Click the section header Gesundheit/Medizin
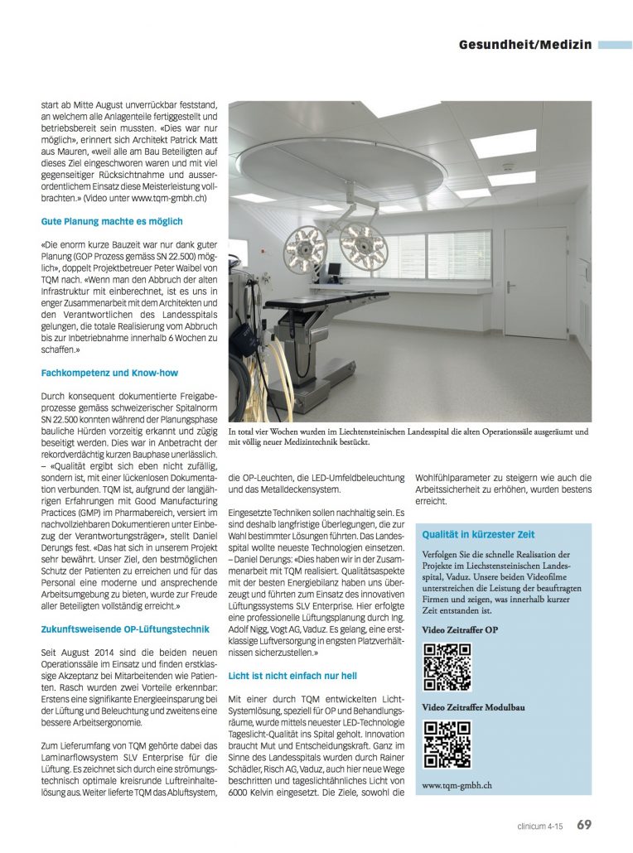[x=525, y=44]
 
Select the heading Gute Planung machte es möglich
[x=112, y=222]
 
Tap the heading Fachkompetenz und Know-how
[x=109, y=373]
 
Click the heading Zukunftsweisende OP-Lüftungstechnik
[x=124, y=629]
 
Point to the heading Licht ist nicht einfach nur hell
[x=293, y=677]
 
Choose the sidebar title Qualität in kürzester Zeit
[x=478, y=535]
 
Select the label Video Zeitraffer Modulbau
[x=473, y=708]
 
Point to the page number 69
[x=584, y=824]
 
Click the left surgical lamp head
[x=305, y=247]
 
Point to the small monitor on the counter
[x=333, y=270]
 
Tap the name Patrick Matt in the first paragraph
[x=181, y=142]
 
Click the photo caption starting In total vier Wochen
[x=408, y=436]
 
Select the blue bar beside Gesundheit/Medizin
[x=614, y=45]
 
